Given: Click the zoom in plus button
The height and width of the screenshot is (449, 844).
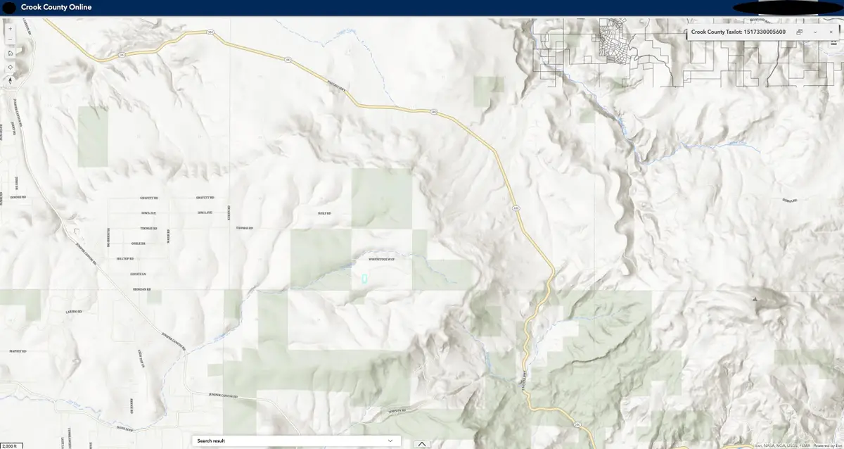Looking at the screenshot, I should (10, 29).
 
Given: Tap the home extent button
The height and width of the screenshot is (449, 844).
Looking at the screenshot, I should (10, 53).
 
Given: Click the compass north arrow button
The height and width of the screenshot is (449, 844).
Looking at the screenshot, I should (10, 80).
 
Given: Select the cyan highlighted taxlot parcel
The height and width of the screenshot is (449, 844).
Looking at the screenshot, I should (364, 279).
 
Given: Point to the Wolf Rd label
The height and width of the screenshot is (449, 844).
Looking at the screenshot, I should (324, 213).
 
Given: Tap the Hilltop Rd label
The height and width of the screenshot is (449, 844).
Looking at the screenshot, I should (124, 258).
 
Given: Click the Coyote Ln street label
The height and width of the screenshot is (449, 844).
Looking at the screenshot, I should (137, 274).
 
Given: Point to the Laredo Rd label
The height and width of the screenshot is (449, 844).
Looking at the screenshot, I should (75, 311).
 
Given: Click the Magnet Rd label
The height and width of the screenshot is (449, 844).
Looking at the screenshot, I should (18, 350).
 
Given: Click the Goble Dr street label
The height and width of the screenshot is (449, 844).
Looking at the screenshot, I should (138, 244).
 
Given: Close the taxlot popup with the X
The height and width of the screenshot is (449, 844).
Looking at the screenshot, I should (831, 32).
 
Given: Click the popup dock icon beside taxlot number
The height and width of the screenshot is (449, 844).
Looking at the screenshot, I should (800, 32).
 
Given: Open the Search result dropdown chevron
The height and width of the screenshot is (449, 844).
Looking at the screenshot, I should (390, 441).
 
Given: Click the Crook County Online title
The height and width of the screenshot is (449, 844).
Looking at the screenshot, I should (56, 7).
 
